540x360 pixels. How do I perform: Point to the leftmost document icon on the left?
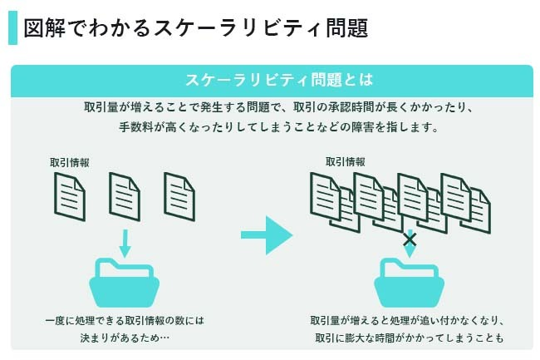pos(70,196)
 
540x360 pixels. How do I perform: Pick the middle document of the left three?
pos(125,196)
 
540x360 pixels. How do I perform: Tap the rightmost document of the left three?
pos(179,196)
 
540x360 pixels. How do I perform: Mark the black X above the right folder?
pos(410,240)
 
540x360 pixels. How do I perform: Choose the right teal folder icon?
pos(407,283)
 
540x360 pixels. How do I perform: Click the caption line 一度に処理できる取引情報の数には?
pos(125,320)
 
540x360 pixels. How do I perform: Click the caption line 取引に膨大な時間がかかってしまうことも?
pos(410,338)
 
